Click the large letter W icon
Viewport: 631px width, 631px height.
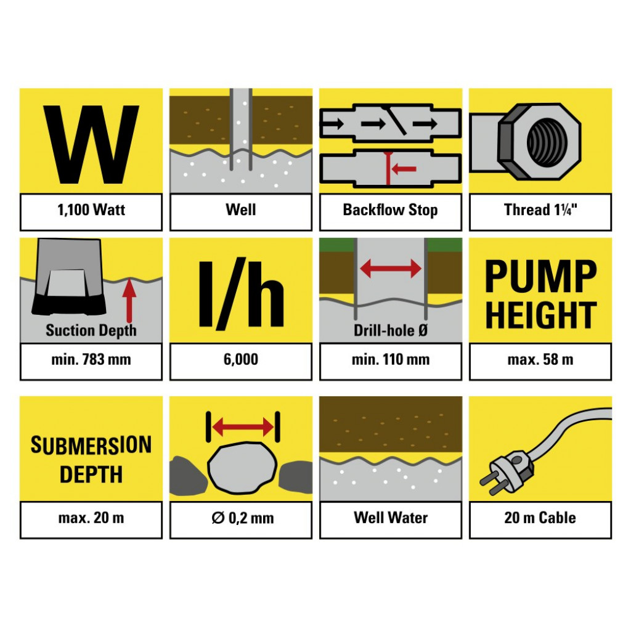tap(91, 144)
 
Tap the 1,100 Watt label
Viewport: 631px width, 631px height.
tap(91, 210)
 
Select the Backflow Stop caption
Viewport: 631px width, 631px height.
tap(390, 210)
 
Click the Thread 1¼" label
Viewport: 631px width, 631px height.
tap(540, 210)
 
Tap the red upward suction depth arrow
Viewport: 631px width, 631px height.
tap(129, 300)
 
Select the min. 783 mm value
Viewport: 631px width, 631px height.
tap(91, 359)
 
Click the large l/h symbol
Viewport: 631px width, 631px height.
tap(241, 295)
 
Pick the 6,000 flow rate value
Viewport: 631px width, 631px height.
tap(241, 359)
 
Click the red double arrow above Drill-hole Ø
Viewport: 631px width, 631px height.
tap(391, 269)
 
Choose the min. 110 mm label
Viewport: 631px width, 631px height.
tap(390, 359)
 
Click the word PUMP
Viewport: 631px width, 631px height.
tap(540, 276)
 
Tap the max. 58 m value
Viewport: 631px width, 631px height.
tap(540, 359)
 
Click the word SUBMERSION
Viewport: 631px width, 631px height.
tap(91, 445)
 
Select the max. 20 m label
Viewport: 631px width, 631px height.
tap(91, 518)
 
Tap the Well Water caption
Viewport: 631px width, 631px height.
tap(391, 518)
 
